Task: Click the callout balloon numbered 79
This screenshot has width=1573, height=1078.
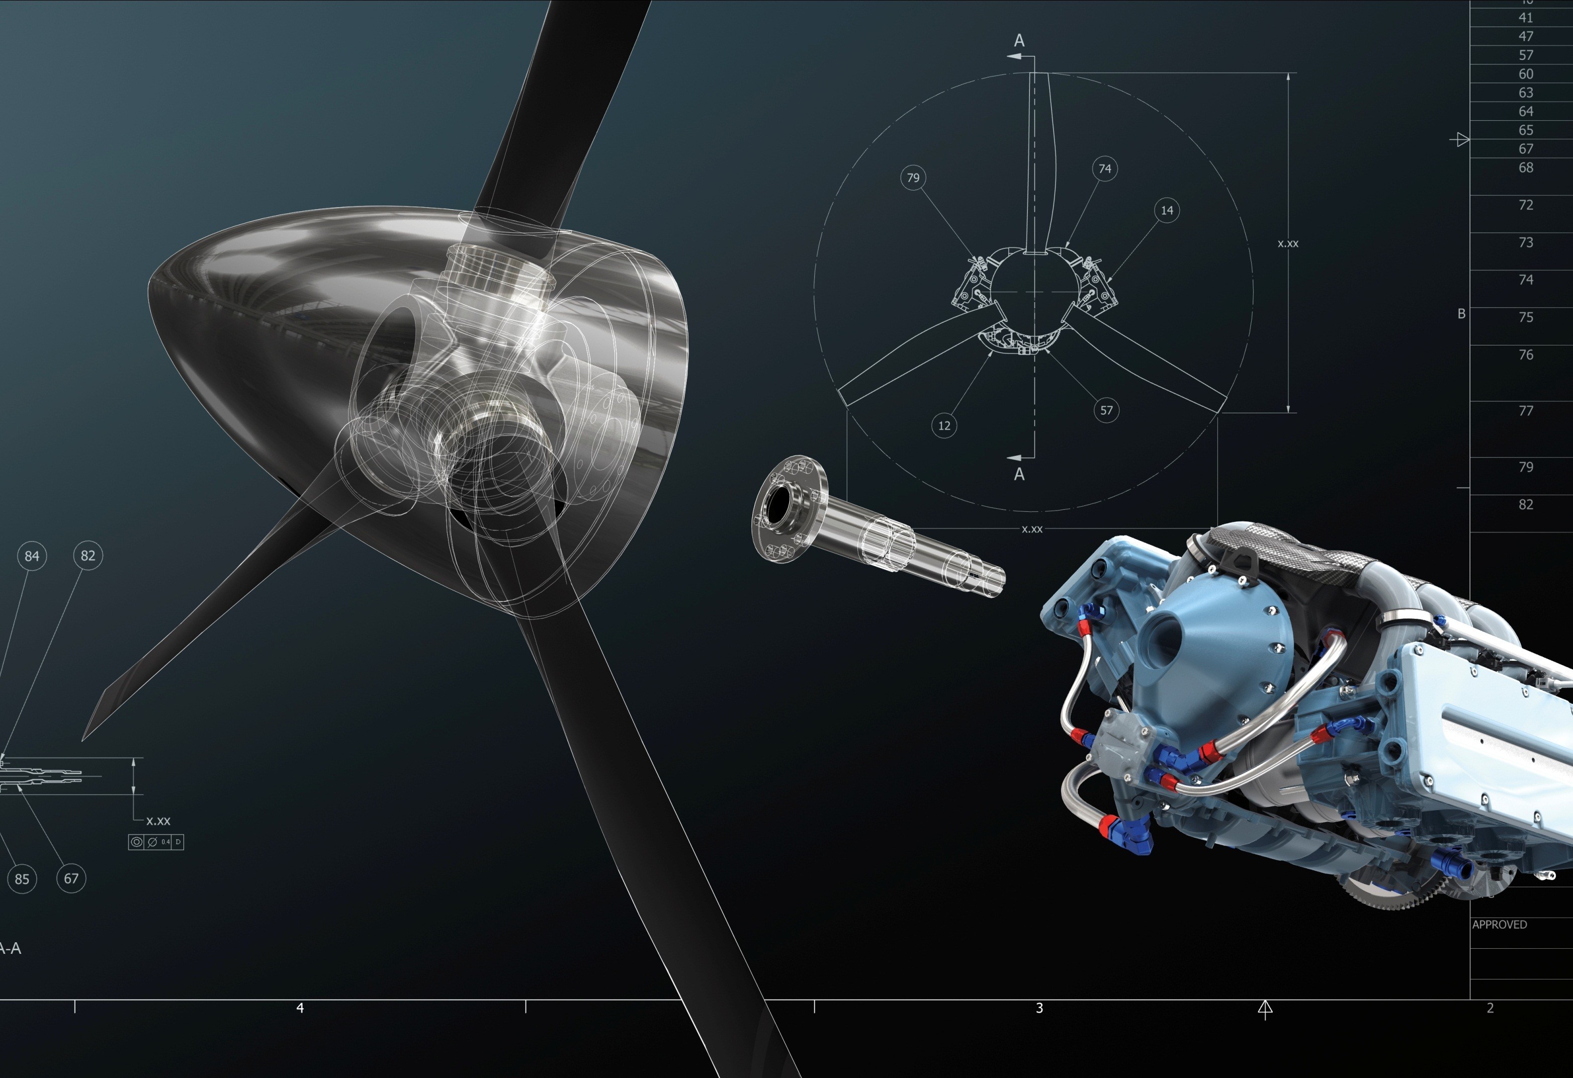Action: click(x=913, y=178)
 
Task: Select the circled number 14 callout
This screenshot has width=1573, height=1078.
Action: click(x=1167, y=211)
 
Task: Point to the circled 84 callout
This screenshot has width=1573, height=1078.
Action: click(x=32, y=556)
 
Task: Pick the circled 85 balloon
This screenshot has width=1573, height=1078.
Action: click(x=22, y=879)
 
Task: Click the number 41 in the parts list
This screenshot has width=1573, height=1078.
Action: click(x=1526, y=18)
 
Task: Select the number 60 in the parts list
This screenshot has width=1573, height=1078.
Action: click(x=1526, y=74)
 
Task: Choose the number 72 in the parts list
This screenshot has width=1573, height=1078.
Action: click(x=1526, y=205)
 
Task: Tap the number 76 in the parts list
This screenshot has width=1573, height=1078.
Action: click(x=1526, y=354)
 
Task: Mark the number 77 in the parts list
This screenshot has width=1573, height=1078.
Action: click(x=1526, y=411)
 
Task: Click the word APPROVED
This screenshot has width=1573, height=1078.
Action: click(x=1499, y=924)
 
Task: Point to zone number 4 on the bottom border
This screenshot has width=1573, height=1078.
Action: click(x=300, y=1008)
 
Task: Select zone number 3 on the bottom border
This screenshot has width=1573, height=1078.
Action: click(x=1039, y=1008)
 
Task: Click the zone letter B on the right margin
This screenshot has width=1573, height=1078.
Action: click(x=1461, y=314)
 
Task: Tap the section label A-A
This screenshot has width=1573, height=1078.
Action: click(x=10, y=949)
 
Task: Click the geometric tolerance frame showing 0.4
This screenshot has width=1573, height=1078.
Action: click(x=156, y=842)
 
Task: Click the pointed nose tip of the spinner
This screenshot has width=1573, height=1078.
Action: click(x=153, y=284)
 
